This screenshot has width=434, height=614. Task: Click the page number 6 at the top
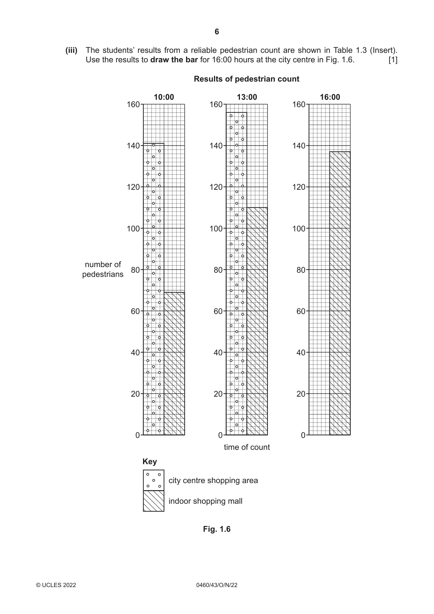[217, 32]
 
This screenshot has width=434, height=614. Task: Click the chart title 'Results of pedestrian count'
[247, 79]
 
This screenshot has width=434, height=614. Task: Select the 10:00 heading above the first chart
[164, 97]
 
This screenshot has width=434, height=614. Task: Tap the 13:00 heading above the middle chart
[247, 97]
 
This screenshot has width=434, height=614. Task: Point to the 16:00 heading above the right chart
[330, 97]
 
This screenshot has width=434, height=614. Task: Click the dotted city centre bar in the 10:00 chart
[154, 289]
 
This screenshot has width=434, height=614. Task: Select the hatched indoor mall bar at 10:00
[174, 364]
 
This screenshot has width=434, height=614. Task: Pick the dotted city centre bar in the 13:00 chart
[236, 274]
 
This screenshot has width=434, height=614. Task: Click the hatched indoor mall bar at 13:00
[257, 321]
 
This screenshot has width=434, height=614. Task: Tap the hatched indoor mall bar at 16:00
[340, 293]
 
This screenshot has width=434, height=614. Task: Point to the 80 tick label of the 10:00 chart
[135, 270]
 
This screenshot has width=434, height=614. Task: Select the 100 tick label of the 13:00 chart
[216, 229]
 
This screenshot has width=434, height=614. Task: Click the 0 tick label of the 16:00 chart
[303, 435]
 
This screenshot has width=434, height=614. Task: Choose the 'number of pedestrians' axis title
[103, 269]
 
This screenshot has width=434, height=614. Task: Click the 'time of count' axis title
[247, 447]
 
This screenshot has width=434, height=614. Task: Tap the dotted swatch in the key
[154, 480]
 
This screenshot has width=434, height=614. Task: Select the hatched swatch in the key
[154, 501]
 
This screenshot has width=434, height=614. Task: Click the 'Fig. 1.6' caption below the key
[217, 529]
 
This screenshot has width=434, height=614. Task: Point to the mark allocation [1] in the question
[393, 60]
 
